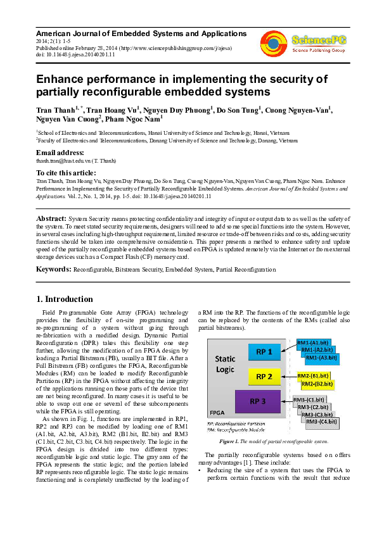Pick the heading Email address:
(x=60, y=153)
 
